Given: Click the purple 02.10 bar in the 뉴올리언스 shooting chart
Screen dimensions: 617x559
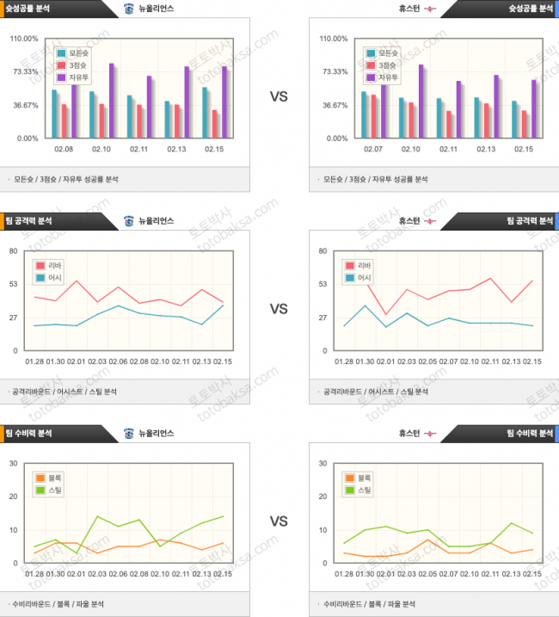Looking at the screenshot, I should pyautogui.click(x=111, y=101).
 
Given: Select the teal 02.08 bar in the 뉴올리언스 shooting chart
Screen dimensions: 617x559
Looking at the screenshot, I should pyautogui.click(x=54, y=114).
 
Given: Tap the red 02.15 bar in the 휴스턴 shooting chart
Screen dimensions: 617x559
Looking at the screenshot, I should pyautogui.click(x=524, y=124).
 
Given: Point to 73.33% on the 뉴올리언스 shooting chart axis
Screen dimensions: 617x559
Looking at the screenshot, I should pyautogui.click(x=26, y=71).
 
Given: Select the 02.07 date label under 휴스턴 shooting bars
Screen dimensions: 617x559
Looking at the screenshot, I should pyautogui.click(x=373, y=149).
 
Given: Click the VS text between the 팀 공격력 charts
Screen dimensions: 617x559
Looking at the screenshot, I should pyautogui.click(x=279, y=308).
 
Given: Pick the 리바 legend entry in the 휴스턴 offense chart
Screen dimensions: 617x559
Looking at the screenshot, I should pyautogui.click(x=359, y=266).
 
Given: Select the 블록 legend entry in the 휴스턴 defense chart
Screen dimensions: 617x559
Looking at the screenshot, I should pyautogui.click(x=359, y=478).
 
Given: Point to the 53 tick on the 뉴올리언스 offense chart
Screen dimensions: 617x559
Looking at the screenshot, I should pyautogui.click(x=14, y=284).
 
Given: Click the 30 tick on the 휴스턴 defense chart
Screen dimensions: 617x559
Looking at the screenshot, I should pyautogui.click(x=323, y=463).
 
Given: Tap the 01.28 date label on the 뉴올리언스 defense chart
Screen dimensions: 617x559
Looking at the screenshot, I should pyautogui.click(x=34, y=574).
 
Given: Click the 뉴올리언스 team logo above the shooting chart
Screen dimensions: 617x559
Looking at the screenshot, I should pyautogui.click(x=129, y=9).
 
